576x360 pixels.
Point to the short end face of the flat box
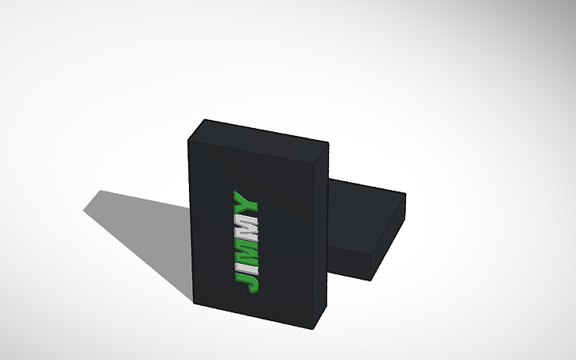390,238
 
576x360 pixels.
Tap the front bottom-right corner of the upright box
313,329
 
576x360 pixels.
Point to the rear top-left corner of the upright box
205,120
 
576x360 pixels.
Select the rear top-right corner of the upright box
329,144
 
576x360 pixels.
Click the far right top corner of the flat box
405,194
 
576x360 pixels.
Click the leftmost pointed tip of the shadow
84,210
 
